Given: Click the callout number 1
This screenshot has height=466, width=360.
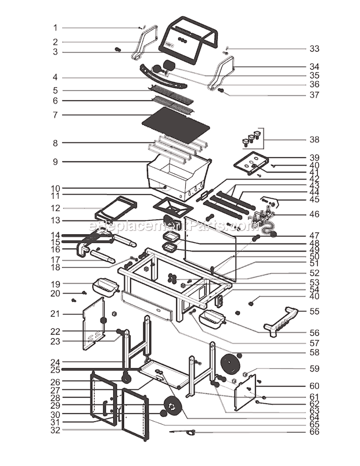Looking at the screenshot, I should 56,28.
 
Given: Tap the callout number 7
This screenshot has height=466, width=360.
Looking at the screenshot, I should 56,115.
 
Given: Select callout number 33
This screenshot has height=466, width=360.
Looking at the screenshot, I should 314,49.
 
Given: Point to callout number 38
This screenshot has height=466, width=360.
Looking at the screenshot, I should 314,139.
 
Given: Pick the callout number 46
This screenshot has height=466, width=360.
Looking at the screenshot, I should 314,214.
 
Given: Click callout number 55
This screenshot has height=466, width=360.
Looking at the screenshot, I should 314,311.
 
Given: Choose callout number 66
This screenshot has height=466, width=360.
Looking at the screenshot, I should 314,432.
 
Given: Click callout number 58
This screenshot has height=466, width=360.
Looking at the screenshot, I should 314,352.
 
